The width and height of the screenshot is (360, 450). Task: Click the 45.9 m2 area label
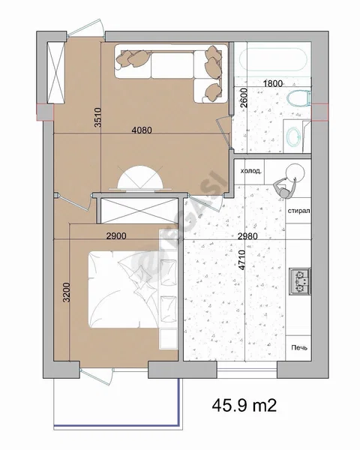coord(244,405)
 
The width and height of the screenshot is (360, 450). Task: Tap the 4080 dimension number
coord(142,130)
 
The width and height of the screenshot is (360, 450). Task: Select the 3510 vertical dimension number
coord(98,117)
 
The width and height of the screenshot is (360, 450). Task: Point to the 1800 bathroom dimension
coord(273,84)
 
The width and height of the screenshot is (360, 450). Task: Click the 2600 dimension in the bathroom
coord(244,97)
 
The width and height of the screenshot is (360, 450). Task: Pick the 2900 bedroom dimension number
coord(116,236)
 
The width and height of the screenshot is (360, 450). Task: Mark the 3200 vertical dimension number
coord(66,292)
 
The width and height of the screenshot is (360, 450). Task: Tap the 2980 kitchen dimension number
coord(247,236)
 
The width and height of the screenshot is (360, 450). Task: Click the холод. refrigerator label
coord(251,171)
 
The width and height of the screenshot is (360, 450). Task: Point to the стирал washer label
coord(298,211)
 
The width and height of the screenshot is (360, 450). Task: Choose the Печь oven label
coord(299,347)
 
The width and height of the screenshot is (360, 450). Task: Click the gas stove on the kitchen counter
coord(300,281)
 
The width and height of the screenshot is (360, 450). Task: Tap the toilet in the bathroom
coord(298,98)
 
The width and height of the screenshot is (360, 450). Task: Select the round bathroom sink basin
coord(294,136)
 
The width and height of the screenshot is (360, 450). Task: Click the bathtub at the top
coord(273,60)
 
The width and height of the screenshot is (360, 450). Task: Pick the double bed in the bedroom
coord(124,289)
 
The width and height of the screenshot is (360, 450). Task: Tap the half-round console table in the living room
coord(140,178)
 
